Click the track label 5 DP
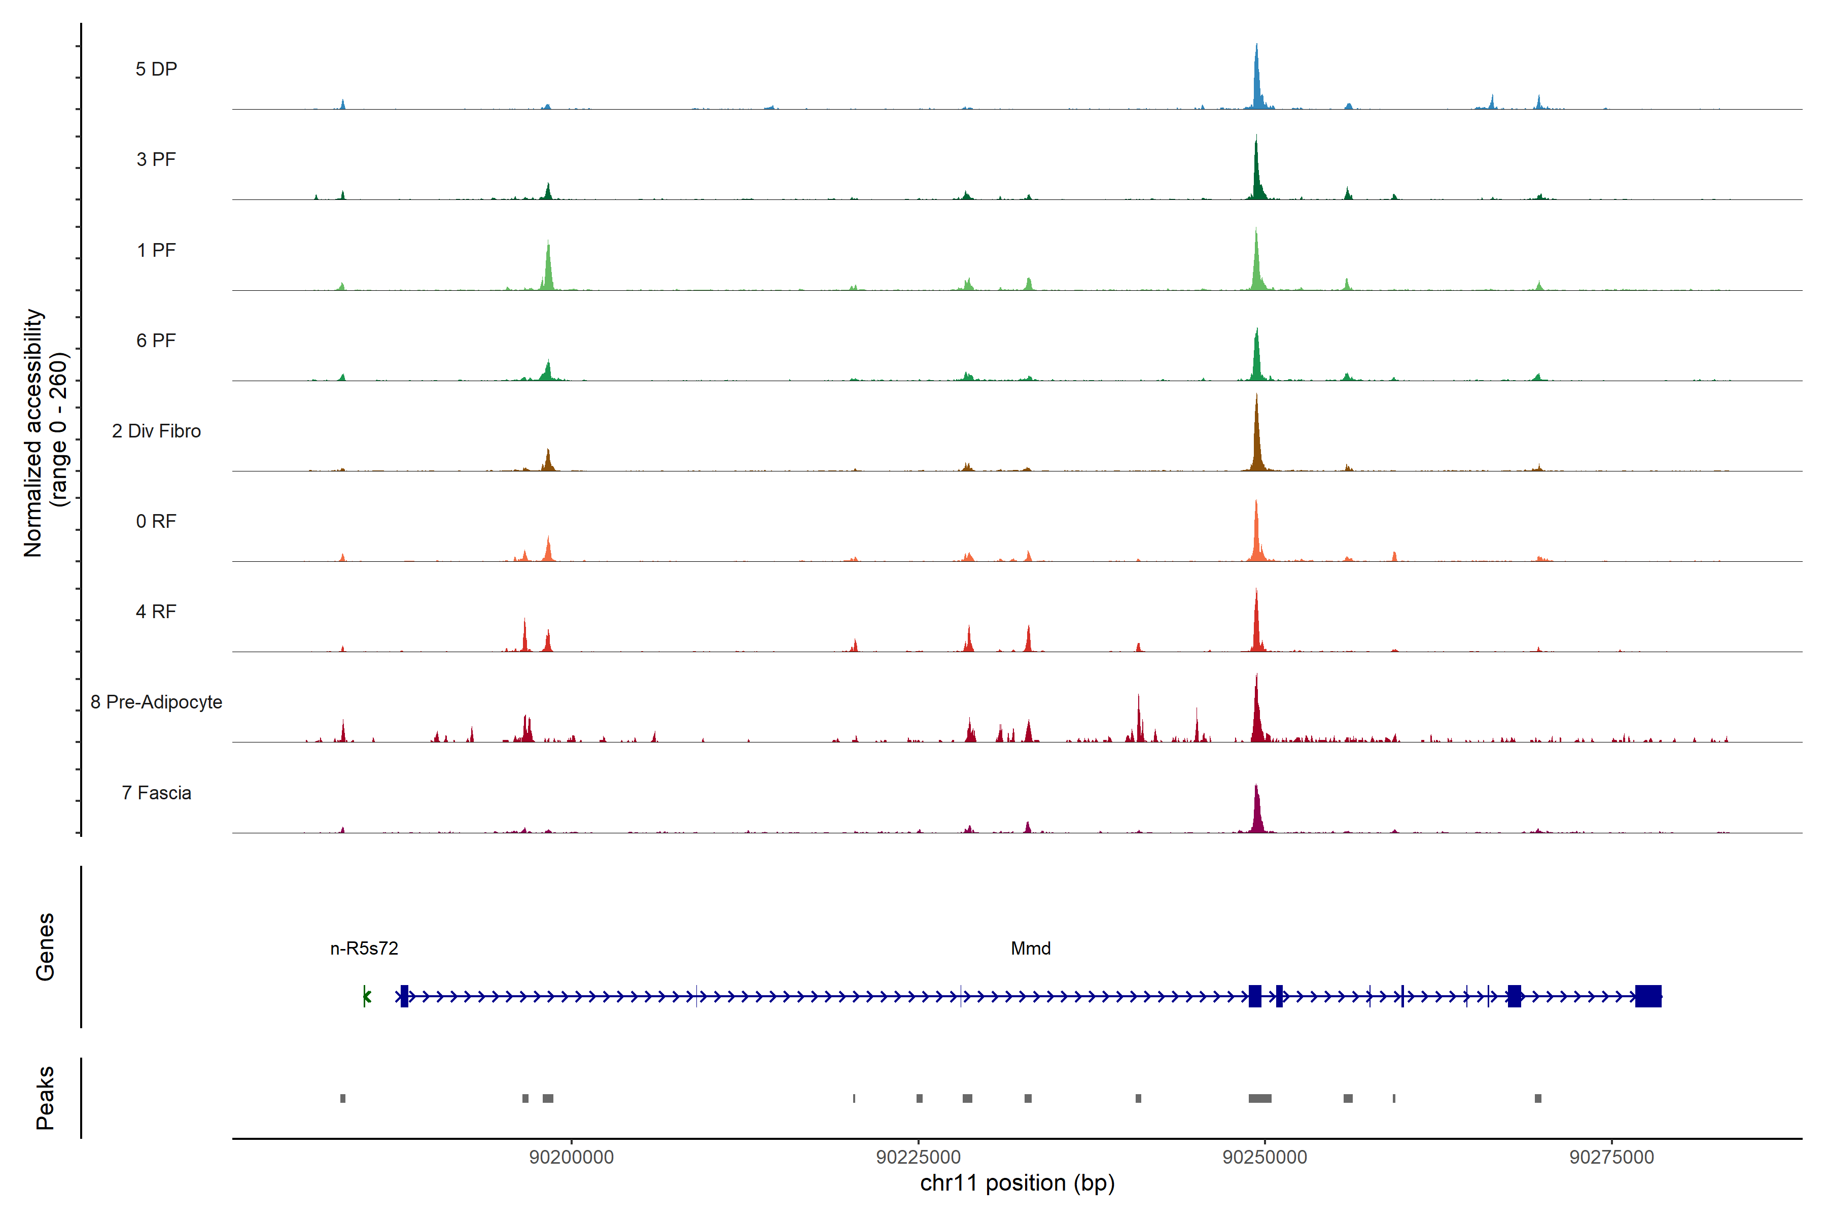tap(156, 69)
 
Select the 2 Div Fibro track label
tap(156, 431)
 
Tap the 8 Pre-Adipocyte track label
tap(156, 702)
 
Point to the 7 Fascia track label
tap(156, 793)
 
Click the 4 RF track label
tap(156, 612)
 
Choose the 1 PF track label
tap(156, 250)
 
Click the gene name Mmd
tap(1030, 949)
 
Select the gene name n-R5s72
tap(364, 949)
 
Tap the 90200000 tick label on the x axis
tap(572, 1158)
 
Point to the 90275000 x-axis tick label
tap(1612, 1158)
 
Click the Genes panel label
tap(45, 947)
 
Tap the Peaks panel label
tap(45, 1098)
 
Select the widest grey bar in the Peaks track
tap(1260, 1098)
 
